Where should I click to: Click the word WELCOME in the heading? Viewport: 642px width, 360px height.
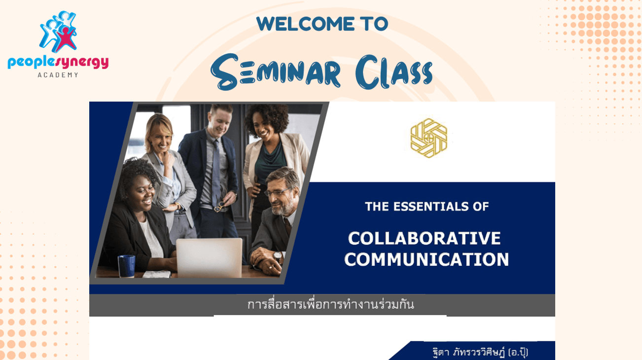coord(306,24)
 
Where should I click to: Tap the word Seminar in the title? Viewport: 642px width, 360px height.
coord(276,72)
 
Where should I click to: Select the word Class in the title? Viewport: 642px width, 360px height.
coord(394,72)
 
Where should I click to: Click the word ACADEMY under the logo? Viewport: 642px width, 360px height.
coord(58,75)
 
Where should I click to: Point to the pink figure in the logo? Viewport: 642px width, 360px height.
coord(66,39)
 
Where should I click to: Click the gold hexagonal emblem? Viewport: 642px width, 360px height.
coord(429,138)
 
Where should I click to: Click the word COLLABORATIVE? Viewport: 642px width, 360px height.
coord(424,239)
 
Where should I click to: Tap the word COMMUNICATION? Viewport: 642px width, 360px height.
coord(427,259)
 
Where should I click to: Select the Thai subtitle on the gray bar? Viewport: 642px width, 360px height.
coord(331,305)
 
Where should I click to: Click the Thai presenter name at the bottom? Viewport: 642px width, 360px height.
coord(480,353)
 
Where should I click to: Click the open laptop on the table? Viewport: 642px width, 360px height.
coord(209,258)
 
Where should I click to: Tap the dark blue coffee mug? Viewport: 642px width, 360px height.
coord(126,266)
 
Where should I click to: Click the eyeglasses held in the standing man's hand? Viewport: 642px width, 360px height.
coord(219,207)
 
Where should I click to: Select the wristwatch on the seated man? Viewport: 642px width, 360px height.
coord(277,256)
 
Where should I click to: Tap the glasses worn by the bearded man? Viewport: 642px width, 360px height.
coord(278,192)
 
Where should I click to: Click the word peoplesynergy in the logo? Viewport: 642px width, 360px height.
coord(58,62)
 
